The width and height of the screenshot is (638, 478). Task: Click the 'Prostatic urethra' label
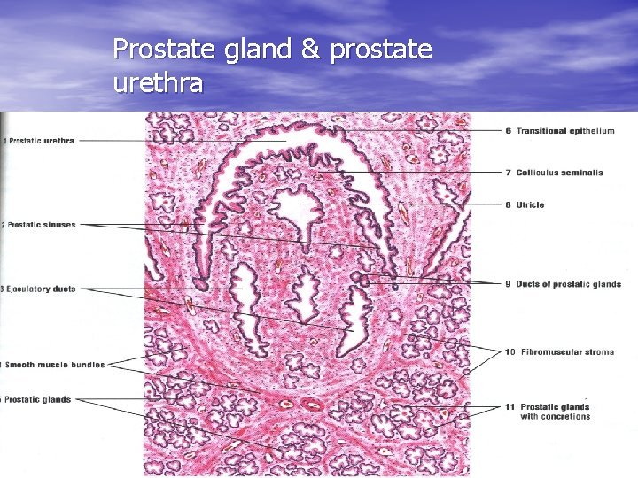[42, 141]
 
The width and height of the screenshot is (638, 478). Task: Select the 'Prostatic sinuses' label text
[42, 225]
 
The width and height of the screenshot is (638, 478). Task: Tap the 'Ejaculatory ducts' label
[41, 289]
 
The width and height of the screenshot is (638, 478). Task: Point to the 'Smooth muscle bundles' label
[55, 365]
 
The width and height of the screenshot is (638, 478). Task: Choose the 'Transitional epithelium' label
[565, 131]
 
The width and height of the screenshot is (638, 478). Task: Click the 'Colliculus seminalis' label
[559, 173]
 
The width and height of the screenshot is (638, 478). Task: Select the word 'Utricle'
[530, 204]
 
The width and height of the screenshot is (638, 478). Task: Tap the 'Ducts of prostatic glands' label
[568, 284]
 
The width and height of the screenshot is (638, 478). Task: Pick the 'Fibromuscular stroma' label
[568, 352]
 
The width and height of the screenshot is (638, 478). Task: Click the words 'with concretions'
[555, 417]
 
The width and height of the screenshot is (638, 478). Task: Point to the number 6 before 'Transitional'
[509, 131]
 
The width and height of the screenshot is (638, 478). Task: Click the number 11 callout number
[510, 407]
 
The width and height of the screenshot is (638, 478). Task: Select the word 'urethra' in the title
[158, 81]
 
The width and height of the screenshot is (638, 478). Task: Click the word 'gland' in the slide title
[258, 50]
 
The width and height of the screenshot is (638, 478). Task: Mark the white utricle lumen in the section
[299, 207]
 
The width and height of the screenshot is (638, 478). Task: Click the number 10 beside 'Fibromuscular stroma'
[510, 352]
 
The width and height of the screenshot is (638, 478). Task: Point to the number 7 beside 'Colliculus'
[509, 173]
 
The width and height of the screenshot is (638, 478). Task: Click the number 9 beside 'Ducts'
[509, 284]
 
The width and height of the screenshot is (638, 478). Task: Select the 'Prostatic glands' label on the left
[38, 399]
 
